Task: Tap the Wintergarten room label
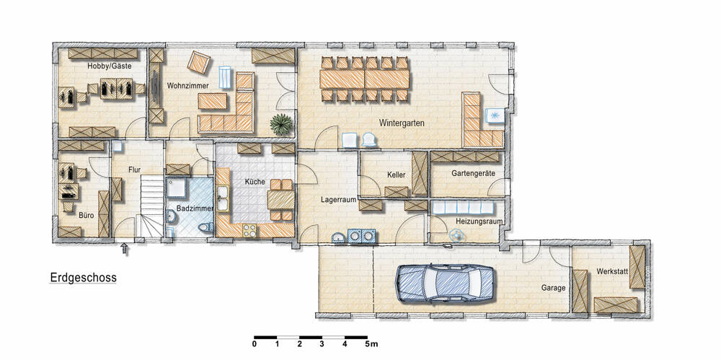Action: click(394, 123)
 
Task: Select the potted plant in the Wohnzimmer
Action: click(281, 124)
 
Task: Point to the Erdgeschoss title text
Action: click(83, 277)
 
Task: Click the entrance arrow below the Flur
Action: click(126, 249)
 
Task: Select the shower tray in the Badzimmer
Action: click(177, 188)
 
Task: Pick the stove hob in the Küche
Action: click(250, 230)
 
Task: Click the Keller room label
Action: click(396, 175)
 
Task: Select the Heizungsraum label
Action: click(478, 221)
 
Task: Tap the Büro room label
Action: click(87, 214)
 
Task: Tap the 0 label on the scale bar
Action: click(255, 344)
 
